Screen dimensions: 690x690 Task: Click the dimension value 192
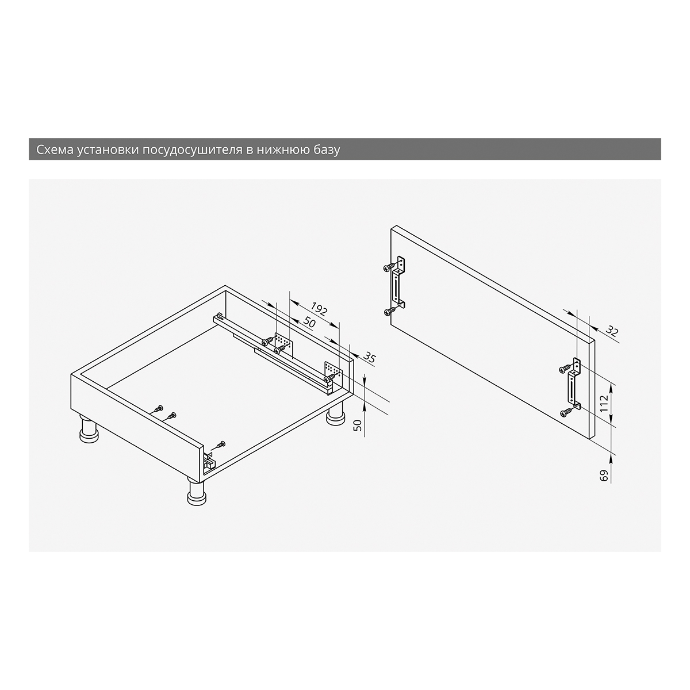[x=319, y=309]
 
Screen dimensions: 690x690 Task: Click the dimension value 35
[x=369, y=357]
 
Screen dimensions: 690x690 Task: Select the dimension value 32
[x=612, y=331]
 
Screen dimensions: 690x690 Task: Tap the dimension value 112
[x=604, y=403]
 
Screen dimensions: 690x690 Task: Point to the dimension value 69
[x=604, y=476]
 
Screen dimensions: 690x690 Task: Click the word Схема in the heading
[x=54, y=149]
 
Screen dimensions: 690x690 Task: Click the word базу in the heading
[x=327, y=149]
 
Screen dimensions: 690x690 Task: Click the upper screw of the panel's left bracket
[x=389, y=267]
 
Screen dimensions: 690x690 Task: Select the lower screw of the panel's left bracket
[x=390, y=312]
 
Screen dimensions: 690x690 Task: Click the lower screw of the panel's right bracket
[x=565, y=413]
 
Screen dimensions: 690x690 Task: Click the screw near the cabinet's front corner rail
[x=221, y=445]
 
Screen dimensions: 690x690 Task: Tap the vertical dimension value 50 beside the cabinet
[x=357, y=425]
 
